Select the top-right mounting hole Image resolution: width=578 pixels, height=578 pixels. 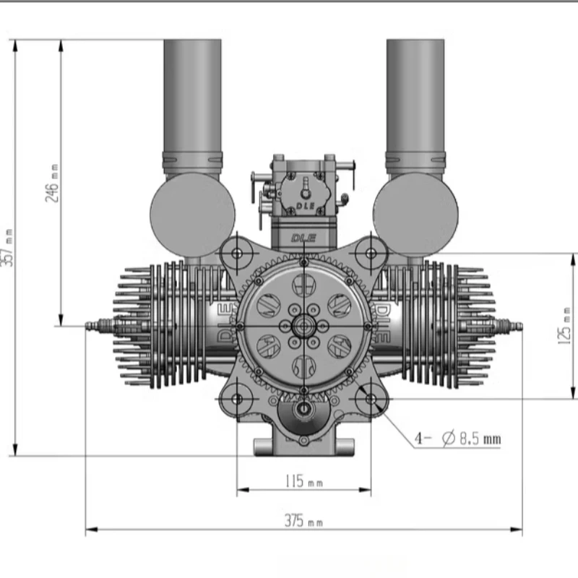coord(371,253)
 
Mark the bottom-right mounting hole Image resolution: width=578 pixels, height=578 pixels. coord(371,398)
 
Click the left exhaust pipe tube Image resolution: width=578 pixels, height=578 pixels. coord(192,94)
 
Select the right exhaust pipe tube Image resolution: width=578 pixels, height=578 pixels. coord(415,94)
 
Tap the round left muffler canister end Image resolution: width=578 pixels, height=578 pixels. coord(192,215)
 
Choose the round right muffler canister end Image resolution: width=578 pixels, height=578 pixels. coord(415,215)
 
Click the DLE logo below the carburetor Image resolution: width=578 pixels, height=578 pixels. coord(304,237)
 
